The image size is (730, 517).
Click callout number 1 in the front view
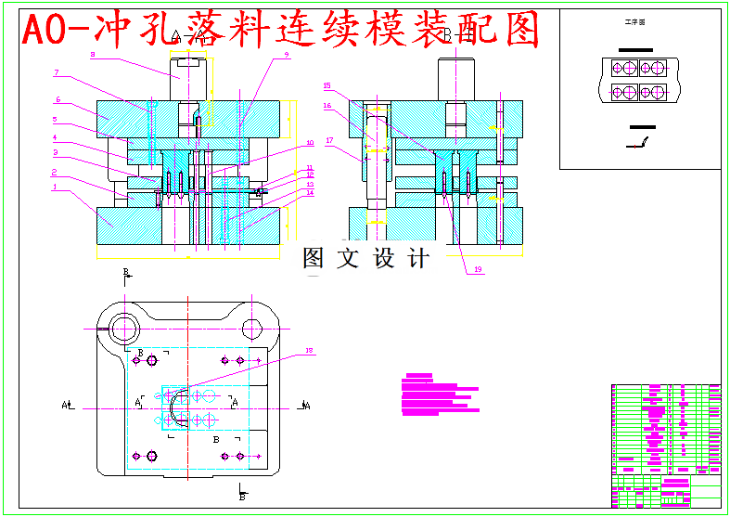55,186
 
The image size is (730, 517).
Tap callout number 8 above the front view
92,55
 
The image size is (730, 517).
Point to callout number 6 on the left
58,99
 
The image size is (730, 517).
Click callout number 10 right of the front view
310,143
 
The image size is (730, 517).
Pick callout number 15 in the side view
327,85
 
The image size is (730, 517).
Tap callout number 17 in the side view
327,140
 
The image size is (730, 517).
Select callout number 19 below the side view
478,269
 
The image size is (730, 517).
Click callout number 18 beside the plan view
310,350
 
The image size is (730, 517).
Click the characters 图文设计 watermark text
366,259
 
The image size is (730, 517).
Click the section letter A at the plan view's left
65,405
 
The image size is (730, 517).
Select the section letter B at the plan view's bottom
241,497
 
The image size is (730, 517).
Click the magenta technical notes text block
438,394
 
